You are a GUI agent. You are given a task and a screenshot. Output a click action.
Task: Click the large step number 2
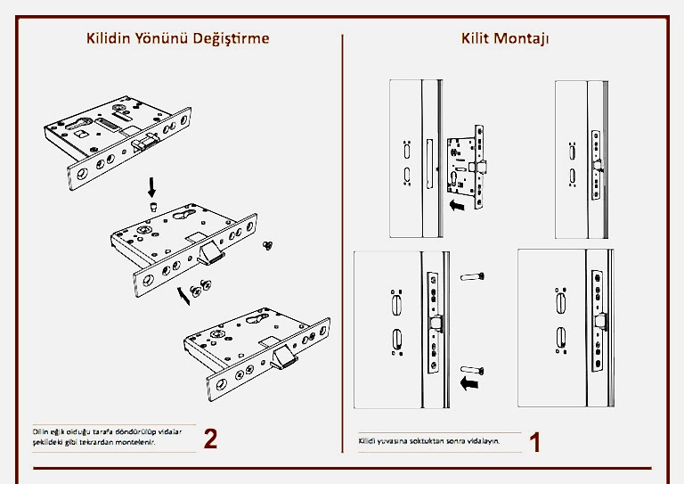[211, 439]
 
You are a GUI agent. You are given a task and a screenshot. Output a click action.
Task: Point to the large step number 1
[535, 442]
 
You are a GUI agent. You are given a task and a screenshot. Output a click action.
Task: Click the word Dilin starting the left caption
[41, 431]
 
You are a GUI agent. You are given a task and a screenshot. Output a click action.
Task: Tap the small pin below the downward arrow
[152, 207]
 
